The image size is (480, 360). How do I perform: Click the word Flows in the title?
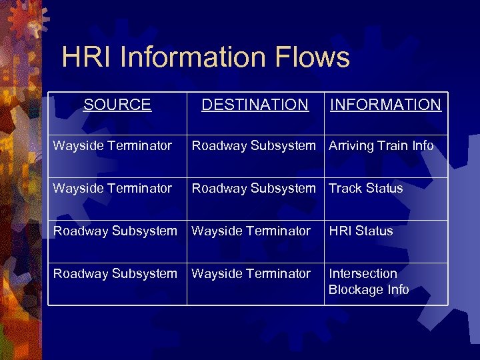(x=313, y=57)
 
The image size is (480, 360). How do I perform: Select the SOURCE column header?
(x=117, y=105)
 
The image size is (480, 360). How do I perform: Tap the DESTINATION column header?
(x=255, y=105)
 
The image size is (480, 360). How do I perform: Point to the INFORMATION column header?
(x=385, y=105)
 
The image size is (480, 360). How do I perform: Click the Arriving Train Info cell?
(x=381, y=146)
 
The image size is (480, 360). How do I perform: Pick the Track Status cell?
(x=365, y=189)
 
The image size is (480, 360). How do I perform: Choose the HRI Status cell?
(x=361, y=231)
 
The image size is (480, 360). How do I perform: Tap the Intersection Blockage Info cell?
(x=368, y=281)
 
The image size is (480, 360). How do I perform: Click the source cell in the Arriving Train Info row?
(x=113, y=146)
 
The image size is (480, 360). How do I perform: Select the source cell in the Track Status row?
(x=113, y=189)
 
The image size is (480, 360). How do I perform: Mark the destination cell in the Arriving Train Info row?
(x=254, y=146)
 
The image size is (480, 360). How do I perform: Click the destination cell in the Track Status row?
(x=254, y=189)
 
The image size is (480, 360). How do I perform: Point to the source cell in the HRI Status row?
(x=115, y=231)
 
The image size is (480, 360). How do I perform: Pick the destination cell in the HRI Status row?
(x=251, y=231)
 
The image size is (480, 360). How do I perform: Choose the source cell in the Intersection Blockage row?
(x=115, y=274)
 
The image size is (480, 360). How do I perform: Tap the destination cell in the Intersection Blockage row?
(x=251, y=274)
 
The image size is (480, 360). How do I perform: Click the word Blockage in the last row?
(x=355, y=290)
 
